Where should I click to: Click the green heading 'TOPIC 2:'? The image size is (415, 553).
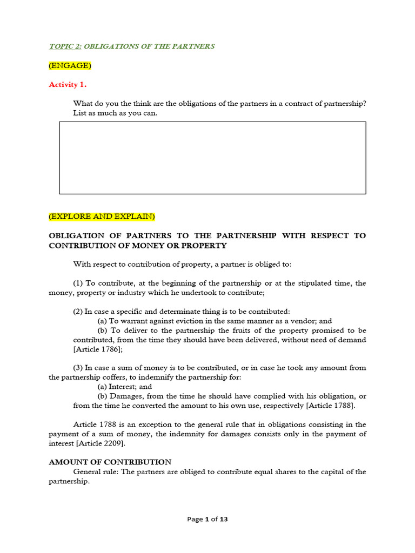(65, 46)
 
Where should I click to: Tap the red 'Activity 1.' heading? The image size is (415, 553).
(68, 85)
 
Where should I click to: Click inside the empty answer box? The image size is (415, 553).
(212, 158)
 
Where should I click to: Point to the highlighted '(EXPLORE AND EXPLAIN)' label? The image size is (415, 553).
(102, 217)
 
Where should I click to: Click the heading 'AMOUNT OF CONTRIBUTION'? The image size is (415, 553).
(110, 462)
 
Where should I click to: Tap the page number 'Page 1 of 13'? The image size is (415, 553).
(207, 520)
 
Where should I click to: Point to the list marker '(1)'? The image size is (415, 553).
(78, 284)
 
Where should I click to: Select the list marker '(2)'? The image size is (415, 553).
(78, 312)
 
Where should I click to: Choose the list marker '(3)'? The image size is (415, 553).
(78, 368)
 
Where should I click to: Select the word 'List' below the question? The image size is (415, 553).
(79, 113)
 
